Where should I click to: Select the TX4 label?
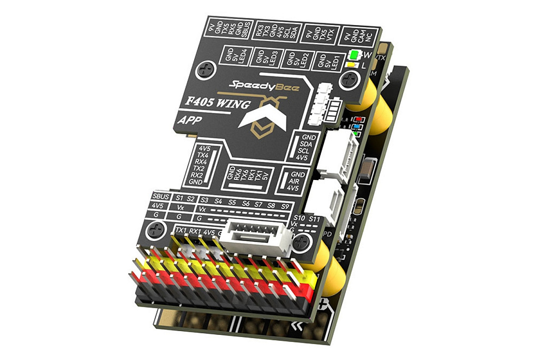pyautogui.click(x=204, y=155)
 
